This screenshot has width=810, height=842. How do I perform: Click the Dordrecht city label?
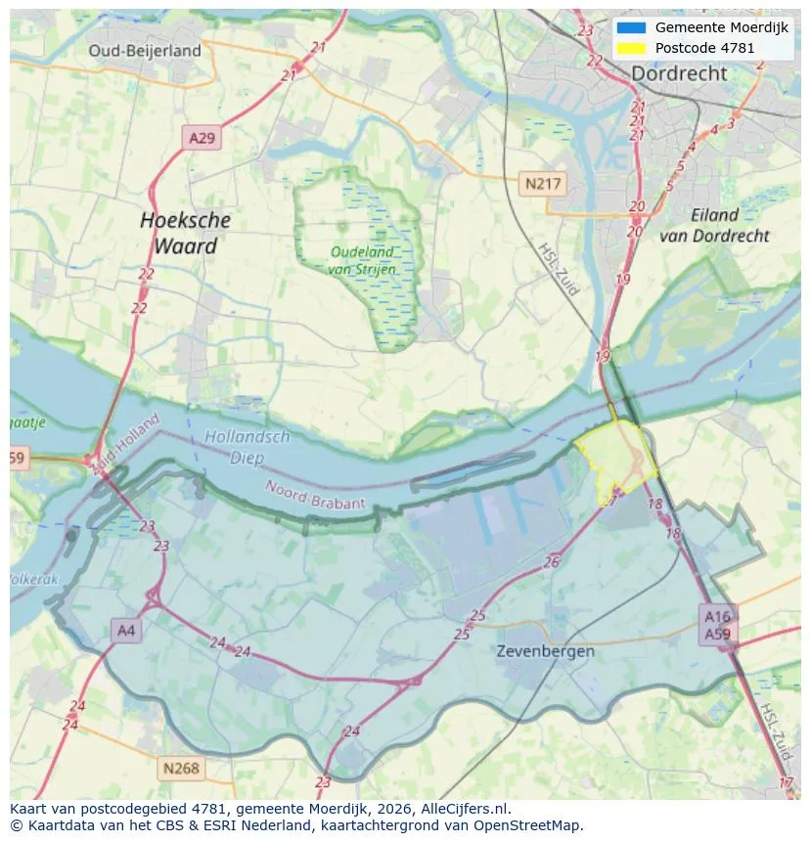click(x=679, y=73)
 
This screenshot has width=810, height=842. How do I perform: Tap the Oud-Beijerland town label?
click(x=145, y=51)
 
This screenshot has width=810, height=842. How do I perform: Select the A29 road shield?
click(x=202, y=138)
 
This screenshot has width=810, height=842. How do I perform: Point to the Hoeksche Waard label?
click(x=185, y=233)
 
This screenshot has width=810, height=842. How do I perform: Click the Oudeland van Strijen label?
click(x=362, y=259)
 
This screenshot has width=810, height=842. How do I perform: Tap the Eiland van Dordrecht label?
click(x=714, y=225)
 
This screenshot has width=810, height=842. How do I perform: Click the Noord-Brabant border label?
click(x=316, y=494)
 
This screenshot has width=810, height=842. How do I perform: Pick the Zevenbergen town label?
click(x=545, y=650)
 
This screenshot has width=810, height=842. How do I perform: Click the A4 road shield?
click(x=126, y=631)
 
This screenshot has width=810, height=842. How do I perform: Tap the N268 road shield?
click(x=181, y=768)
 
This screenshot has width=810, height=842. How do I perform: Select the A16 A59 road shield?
click(x=717, y=624)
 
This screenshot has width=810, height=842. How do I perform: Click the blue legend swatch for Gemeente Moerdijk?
click(x=632, y=27)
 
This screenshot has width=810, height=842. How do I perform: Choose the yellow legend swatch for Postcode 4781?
click(x=632, y=47)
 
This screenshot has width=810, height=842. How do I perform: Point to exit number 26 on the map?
click(x=552, y=561)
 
